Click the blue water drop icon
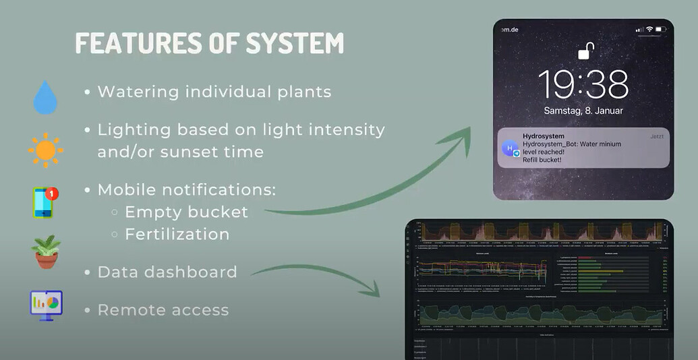[46, 98]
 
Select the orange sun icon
[46, 150]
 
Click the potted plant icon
[46, 251]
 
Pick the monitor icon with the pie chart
[46, 305]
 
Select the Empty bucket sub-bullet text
[186, 212]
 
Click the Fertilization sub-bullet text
[177, 234]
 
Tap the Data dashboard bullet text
[167, 272]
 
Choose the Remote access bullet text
[163, 310]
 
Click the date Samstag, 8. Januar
[584, 111]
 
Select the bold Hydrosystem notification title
[544, 136]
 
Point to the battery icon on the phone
[660, 30]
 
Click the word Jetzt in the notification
[657, 136]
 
